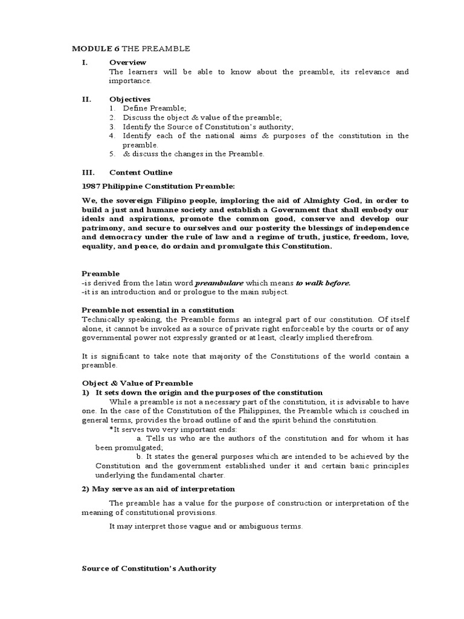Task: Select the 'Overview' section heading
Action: (x=127, y=62)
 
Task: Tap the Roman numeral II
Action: (x=86, y=99)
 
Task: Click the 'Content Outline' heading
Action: (x=140, y=172)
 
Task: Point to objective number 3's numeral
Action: (x=112, y=126)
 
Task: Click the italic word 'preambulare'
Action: (x=217, y=283)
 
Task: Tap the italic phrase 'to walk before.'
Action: (x=323, y=283)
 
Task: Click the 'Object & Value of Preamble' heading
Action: (x=137, y=383)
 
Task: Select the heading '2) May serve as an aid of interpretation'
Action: (x=158, y=488)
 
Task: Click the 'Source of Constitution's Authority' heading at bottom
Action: (x=149, y=569)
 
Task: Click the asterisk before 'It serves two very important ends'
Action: (x=111, y=429)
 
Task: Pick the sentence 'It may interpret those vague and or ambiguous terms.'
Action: (x=205, y=527)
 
